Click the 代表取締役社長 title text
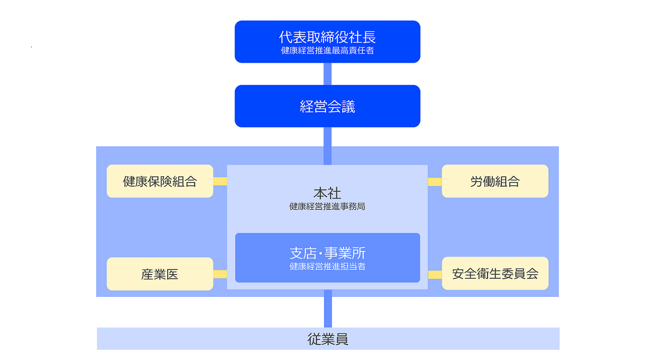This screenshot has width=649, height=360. point(327,37)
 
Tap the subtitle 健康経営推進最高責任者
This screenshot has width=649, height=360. point(327,50)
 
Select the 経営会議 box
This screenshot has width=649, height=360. point(327,106)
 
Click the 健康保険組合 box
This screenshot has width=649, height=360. point(159,181)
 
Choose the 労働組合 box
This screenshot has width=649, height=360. point(495,181)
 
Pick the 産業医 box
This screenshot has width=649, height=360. point(159,274)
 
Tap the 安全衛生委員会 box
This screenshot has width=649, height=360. point(495,274)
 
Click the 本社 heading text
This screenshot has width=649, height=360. point(327,193)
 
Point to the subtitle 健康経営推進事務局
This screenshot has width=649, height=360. point(327,207)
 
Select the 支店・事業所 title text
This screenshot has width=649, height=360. point(327,253)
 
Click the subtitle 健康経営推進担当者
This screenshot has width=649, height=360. point(327,266)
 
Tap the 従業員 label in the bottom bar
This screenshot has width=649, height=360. point(328,339)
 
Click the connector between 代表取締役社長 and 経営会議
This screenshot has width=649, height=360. point(327,74)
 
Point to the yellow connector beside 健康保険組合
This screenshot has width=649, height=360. point(220,181)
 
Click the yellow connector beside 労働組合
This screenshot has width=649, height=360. point(435,182)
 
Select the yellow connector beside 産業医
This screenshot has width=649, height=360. point(220,274)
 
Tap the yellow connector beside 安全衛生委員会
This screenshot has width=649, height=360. point(435,274)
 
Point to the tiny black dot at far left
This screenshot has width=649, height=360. point(31,47)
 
